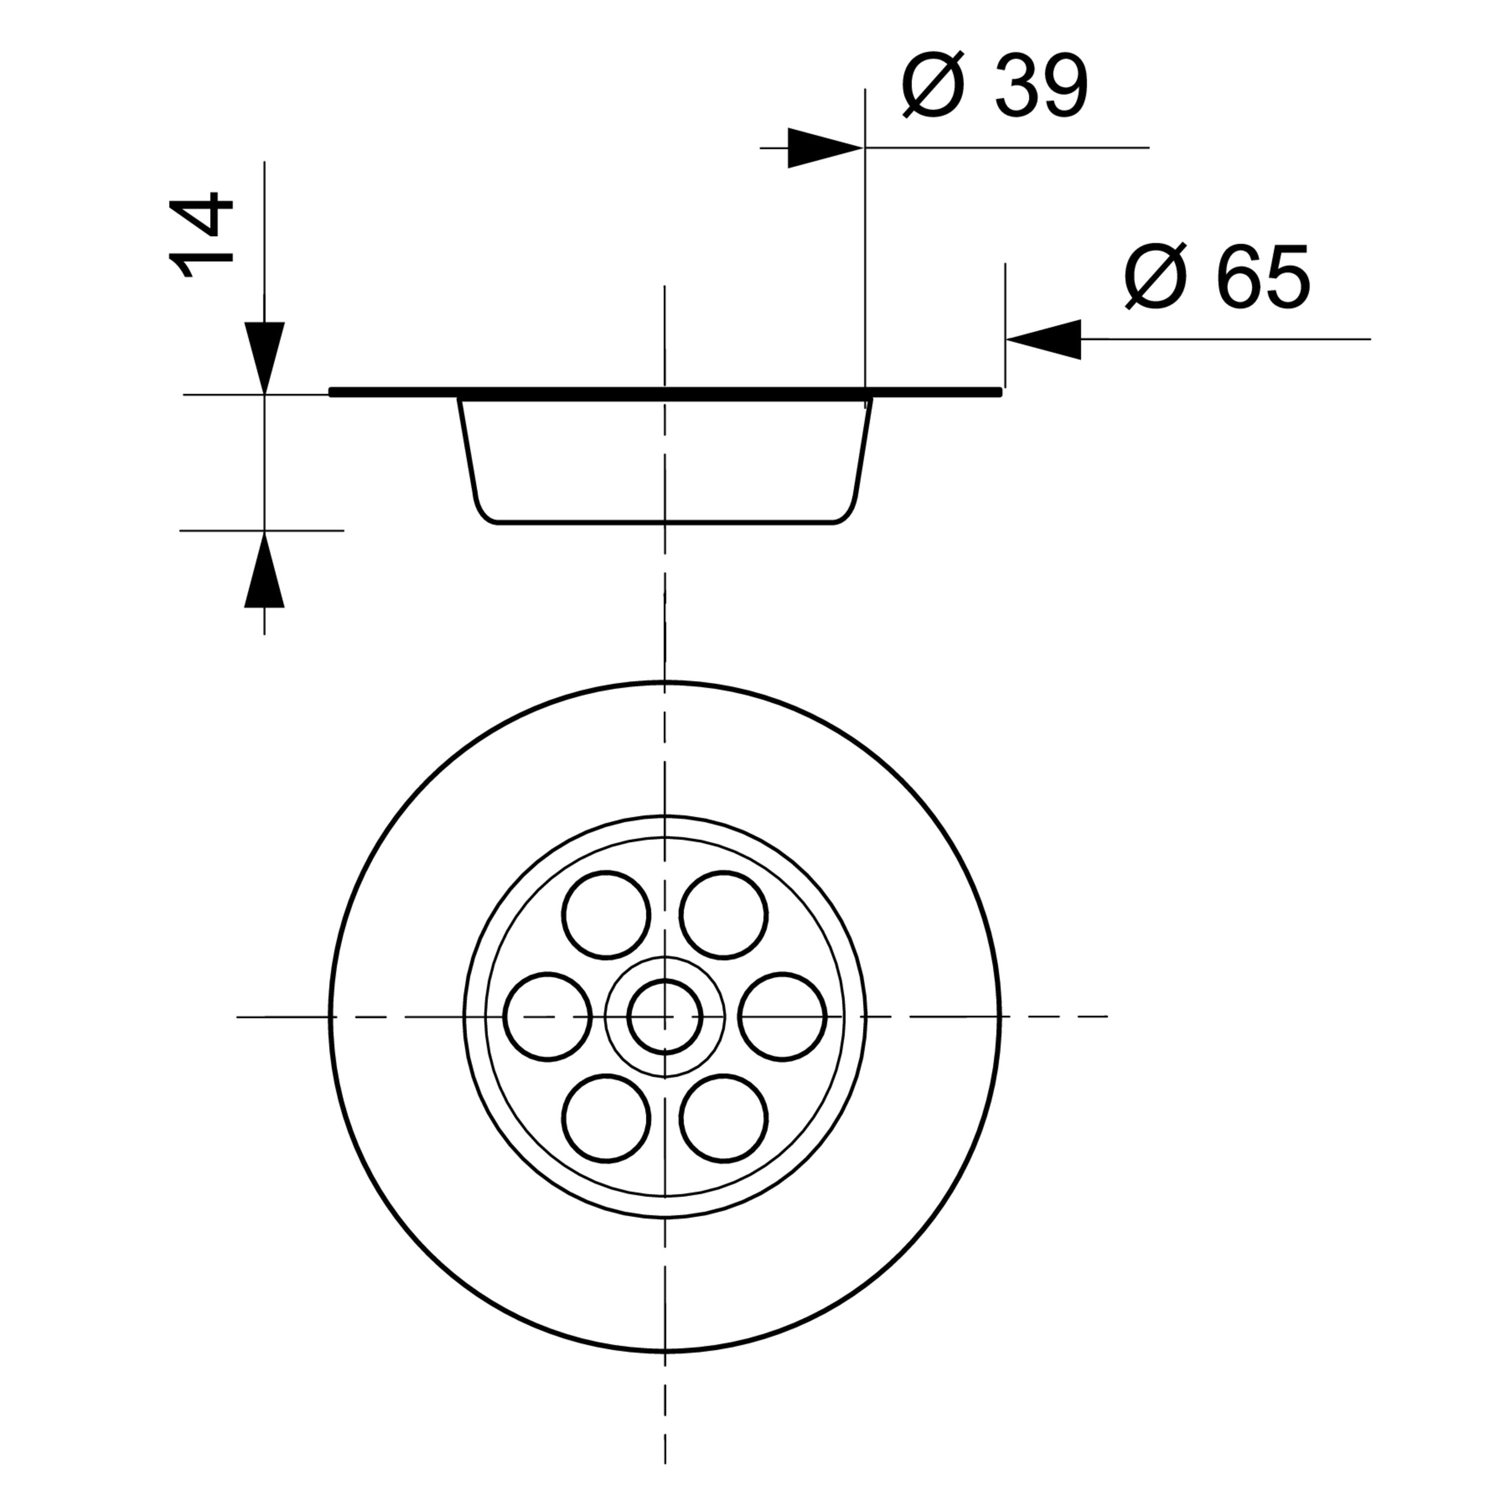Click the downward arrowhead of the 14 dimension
point(264,357)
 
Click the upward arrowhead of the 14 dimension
point(264,570)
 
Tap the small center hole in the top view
point(665,1016)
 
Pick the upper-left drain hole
point(606,915)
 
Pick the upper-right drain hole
point(723,915)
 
